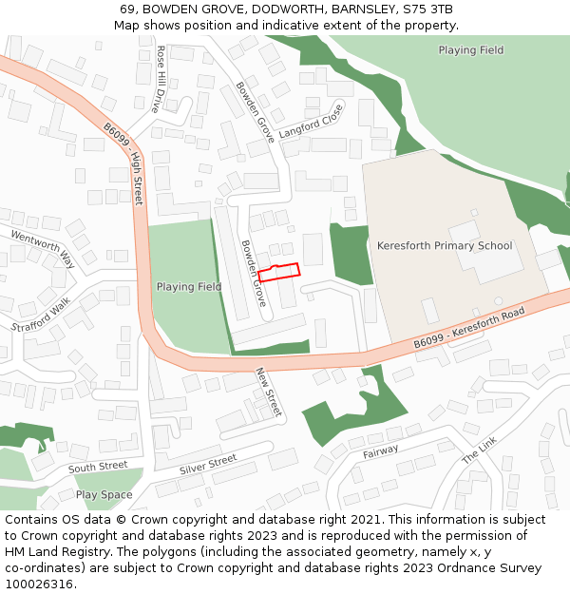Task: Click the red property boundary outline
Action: click(279, 272)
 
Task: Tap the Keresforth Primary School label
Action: click(445, 246)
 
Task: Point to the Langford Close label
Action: click(311, 122)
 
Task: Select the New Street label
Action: click(269, 392)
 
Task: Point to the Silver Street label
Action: click(208, 465)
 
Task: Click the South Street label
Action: click(98, 467)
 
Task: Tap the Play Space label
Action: click(104, 495)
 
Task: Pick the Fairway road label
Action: click(381, 452)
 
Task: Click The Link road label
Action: click(479, 450)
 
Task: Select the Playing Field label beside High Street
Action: click(189, 287)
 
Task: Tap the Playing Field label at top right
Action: click(471, 49)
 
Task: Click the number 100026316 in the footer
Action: click(39, 584)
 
